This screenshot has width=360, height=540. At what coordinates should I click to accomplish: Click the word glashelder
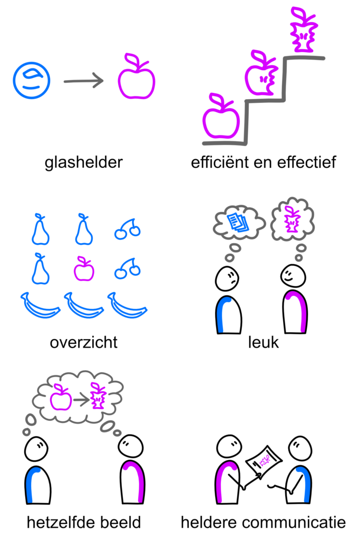tap(83, 162)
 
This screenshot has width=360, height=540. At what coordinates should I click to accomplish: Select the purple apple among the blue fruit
tap(84, 270)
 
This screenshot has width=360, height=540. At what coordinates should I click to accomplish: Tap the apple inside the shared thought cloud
tap(61, 399)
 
